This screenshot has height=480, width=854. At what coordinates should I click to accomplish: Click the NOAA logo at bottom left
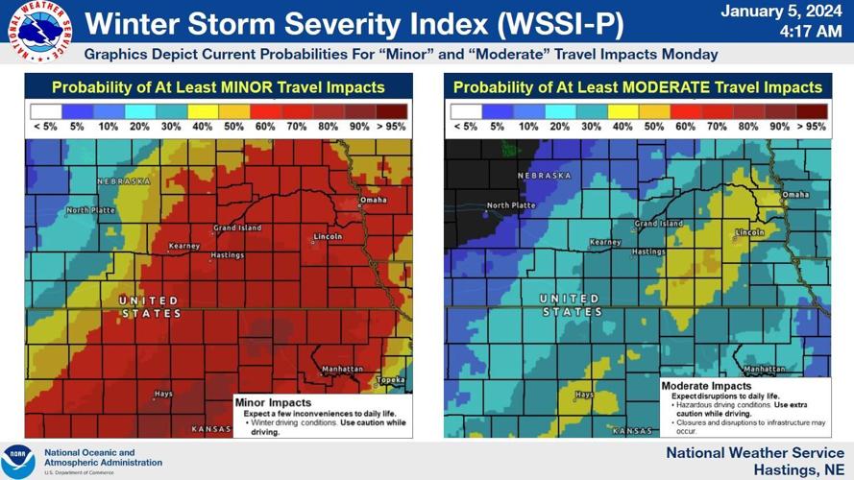pos(18,460)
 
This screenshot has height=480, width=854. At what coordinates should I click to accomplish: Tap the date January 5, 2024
pos(781,12)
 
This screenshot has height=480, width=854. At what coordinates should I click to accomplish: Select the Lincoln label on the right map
pos(748,232)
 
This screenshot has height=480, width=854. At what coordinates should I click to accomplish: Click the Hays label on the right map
pos(583,394)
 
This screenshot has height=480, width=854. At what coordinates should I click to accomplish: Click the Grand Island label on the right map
pos(657,224)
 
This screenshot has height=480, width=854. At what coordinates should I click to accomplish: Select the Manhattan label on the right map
pos(763,369)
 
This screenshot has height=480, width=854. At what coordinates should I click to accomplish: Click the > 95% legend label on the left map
pos(392,126)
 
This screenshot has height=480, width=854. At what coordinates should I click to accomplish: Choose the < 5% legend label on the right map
pos(464,126)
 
